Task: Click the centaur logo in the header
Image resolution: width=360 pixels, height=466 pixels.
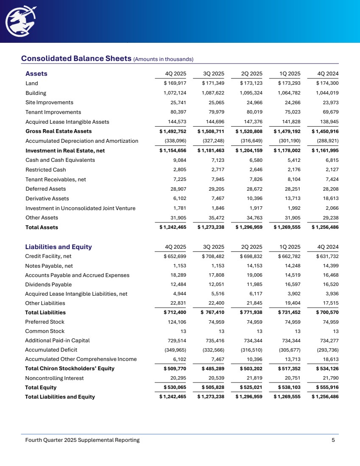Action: coord(20,21)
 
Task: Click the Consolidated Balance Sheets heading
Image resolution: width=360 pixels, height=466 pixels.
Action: coord(76,58)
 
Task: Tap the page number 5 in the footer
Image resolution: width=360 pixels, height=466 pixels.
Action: coord(333,440)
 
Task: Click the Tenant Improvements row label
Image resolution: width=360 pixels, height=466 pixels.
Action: coord(53,112)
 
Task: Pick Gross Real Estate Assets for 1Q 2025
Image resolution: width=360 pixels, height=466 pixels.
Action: coord(289,131)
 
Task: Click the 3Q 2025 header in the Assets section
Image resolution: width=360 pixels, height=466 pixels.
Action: coord(214,73)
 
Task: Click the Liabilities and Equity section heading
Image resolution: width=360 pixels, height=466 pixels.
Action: coord(59,247)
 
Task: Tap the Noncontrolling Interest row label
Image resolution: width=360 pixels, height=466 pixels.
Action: coord(55,378)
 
